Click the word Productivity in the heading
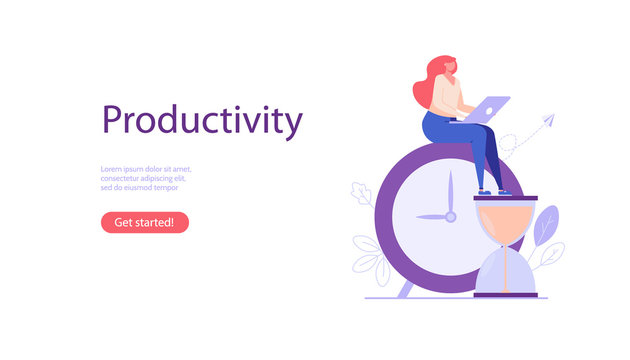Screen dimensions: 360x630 [202, 121]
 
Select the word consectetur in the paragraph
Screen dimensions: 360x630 [123, 178]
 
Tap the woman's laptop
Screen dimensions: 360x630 [490, 109]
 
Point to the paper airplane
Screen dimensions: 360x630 [546, 121]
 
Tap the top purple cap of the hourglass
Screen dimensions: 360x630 [505, 198]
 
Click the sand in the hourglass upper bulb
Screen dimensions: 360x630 [505, 216]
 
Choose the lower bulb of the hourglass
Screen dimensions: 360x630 [505, 272]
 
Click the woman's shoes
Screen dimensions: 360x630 [491, 191]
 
